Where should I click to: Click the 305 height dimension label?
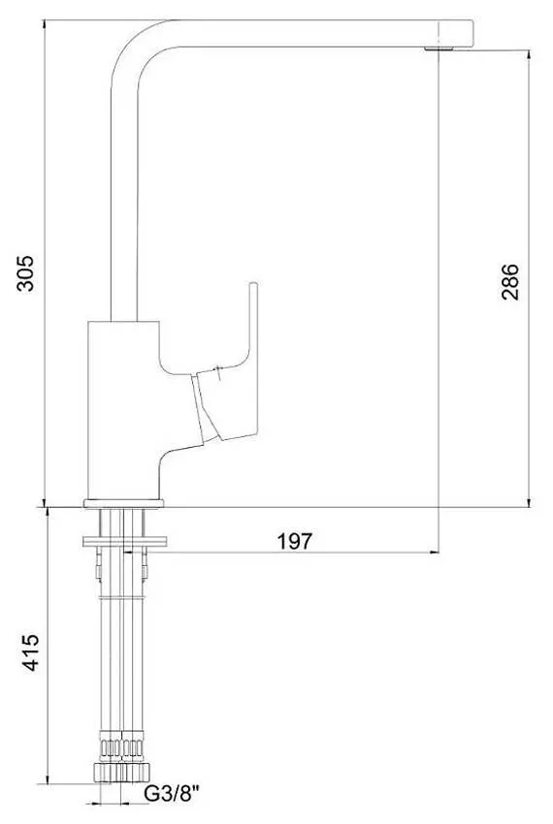[x=24, y=273]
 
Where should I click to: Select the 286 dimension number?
[x=509, y=282]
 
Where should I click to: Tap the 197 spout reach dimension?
[x=295, y=541]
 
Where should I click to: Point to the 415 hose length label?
[x=30, y=652]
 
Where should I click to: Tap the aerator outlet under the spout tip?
[x=439, y=48]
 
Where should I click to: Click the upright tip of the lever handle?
[x=253, y=286]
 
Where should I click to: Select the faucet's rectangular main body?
[x=122, y=409]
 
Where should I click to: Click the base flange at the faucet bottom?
[x=123, y=503]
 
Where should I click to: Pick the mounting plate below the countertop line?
[x=125, y=542]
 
